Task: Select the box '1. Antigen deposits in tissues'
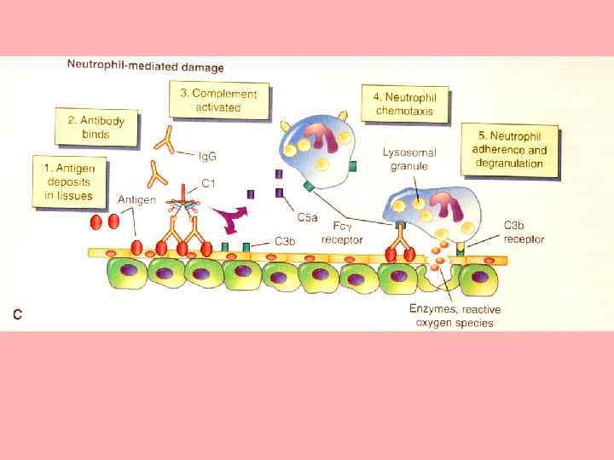point(69,181)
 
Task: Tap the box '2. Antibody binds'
point(96,128)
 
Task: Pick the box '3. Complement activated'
point(219,100)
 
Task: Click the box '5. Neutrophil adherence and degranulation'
point(510,151)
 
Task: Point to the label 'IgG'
point(207,156)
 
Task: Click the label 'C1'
point(208,183)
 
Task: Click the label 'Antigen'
point(136,199)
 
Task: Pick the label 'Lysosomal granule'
point(409,158)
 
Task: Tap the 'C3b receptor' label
point(523,232)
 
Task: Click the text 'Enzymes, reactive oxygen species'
point(452,316)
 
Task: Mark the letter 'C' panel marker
point(17,314)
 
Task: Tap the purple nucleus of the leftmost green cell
point(128,273)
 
